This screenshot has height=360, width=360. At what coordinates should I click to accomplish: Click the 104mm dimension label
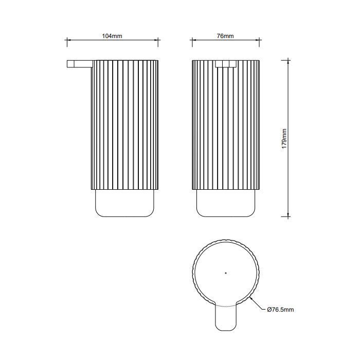(112, 36)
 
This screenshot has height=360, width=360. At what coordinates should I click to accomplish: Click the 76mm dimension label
(225, 36)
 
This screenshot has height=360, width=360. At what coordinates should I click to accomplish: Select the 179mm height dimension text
(284, 139)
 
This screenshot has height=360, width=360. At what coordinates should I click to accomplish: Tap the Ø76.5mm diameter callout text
(281, 310)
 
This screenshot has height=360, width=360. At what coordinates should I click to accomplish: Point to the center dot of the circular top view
(226, 273)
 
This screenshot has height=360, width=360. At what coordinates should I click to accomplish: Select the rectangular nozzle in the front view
(226, 64)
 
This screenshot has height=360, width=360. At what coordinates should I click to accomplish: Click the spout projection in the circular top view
(226, 318)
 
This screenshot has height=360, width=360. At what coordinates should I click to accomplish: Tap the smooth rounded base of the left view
(124, 203)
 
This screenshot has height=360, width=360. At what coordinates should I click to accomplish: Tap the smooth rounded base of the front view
(226, 203)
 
